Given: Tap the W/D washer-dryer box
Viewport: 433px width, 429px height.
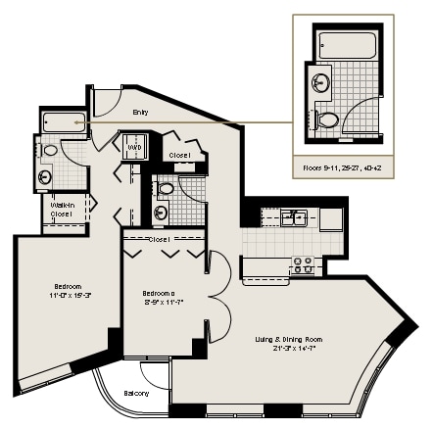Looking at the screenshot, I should click(x=133, y=148).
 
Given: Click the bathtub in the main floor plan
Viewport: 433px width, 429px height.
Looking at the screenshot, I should click(x=61, y=123).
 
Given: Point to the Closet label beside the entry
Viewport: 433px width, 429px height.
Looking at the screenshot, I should click(x=179, y=155).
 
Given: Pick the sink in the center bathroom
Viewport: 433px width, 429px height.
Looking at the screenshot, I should click(x=164, y=212).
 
